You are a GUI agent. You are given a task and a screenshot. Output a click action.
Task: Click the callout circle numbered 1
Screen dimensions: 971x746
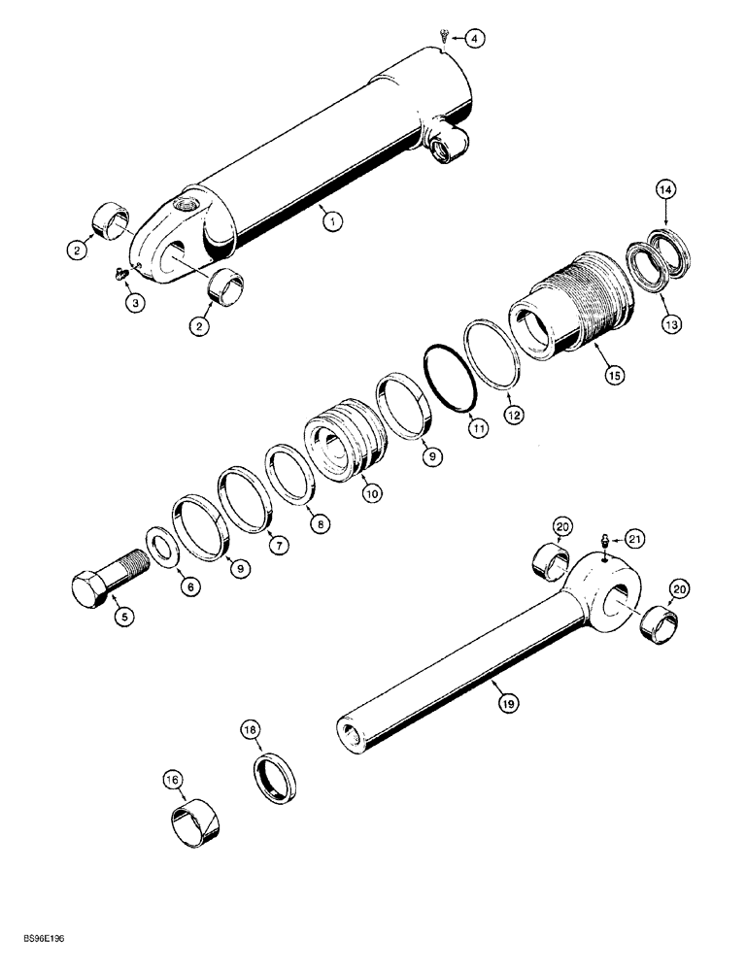331,222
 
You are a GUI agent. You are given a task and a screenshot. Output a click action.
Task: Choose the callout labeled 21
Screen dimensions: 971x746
633,539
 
